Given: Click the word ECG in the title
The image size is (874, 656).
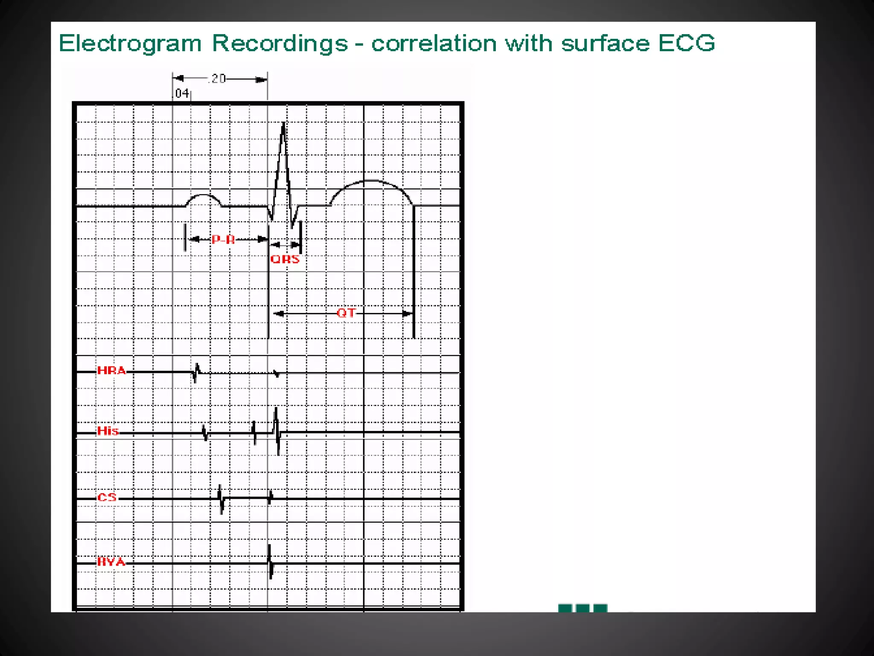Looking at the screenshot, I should [x=686, y=43].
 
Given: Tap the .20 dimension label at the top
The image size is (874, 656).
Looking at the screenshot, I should [x=218, y=79].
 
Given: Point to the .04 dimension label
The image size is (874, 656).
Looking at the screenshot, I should [x=181, y=93].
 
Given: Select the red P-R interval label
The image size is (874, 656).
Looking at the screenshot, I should [x=223, y=240].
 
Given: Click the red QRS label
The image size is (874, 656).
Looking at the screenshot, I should [x=285, y=259].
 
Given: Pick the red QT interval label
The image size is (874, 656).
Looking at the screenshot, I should [x=346, y=313].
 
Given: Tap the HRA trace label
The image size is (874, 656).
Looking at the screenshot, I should [x=111, y=370].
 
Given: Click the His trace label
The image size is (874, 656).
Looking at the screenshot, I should [x=108, y=430].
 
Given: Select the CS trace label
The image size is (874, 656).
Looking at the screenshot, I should [x=107, y=497].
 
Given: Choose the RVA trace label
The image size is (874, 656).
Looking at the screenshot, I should [x=111, y=562].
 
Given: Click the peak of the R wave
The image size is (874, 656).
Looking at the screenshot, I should [x=283, y=124].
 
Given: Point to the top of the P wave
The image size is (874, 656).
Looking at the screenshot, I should [x=204, y=196].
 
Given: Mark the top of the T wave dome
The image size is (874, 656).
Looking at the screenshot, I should [x=370, y=181].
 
